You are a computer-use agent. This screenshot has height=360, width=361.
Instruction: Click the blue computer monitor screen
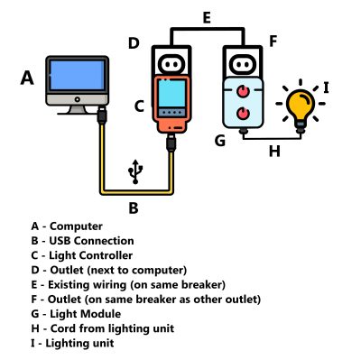77,80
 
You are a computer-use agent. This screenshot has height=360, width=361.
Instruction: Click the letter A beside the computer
28,79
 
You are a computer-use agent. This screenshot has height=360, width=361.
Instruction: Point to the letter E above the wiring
207,17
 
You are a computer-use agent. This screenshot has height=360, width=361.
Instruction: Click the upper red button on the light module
244,92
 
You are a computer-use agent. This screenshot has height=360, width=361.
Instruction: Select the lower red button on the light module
244,114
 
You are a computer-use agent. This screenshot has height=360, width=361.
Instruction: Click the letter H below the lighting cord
273,151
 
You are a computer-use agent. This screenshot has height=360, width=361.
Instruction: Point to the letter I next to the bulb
326,88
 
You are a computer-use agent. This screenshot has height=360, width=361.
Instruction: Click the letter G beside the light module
218,141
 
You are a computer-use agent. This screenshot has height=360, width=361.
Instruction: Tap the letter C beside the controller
139,106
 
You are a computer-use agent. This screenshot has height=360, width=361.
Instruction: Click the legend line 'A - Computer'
67,226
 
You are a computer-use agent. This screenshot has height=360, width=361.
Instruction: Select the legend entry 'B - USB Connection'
82,241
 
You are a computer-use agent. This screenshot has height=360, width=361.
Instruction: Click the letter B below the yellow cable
134,208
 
